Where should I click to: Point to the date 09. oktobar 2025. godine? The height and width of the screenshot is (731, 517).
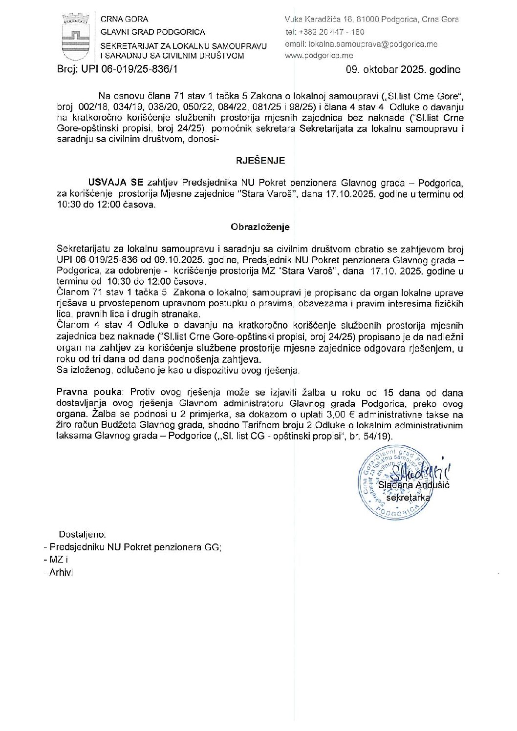point(403,69)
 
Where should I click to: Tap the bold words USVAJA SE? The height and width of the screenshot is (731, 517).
point(116,183)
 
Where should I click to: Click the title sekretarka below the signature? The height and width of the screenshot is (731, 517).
point(408,498)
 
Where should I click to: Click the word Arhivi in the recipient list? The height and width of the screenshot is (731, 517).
point(61,573)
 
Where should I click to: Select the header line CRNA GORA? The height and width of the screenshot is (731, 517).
point(124,20)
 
